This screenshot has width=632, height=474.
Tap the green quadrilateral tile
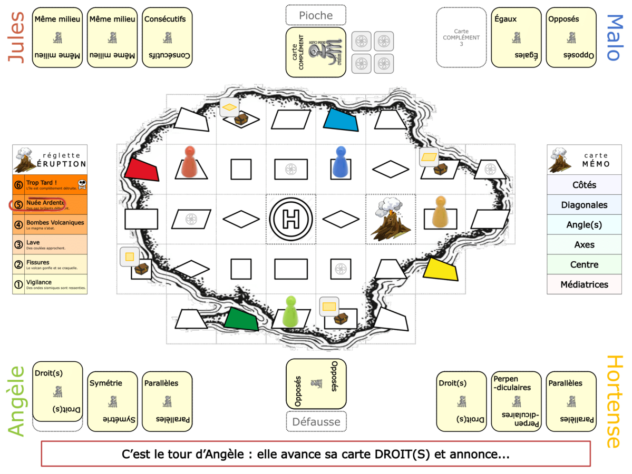click(x=241, y=319)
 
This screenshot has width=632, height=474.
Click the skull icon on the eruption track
click(x=81, y=184)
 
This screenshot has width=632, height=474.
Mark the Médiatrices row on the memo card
click(x=584, y=284)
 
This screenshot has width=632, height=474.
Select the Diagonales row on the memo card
click(x=584, y=205)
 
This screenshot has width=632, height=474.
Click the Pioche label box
click(x=316, y=15)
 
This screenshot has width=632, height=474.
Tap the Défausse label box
click(x=316, y=421)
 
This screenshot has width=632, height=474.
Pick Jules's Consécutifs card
click(x=167, y=37)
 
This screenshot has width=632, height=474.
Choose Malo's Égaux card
click(x=516, y=37)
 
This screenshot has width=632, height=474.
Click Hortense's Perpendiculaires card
click(x=516, y=401)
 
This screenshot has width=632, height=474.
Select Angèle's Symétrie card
click(x=112, y=401)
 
